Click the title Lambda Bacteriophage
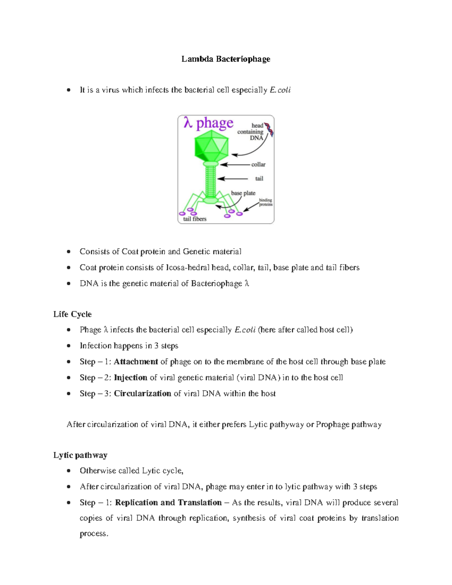click(226, 59)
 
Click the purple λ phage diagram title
click(208, 123)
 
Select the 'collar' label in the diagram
click(258, 165)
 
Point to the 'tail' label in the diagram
click(259, 179)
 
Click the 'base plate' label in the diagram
click(243, 193)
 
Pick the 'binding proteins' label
click(266, 202)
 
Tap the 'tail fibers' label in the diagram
click(195, 219)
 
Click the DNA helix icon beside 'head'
click(269, 129)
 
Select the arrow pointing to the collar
click(235, 165)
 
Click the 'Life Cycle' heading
click(72, 314)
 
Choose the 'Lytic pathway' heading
click(80, 455)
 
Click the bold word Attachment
click(136, 362)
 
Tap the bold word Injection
click(130, 377)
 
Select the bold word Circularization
click(142, 393)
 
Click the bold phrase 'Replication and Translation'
click(168, 503)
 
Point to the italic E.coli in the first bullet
click(280, 90)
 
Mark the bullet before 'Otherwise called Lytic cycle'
click(69, 471)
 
